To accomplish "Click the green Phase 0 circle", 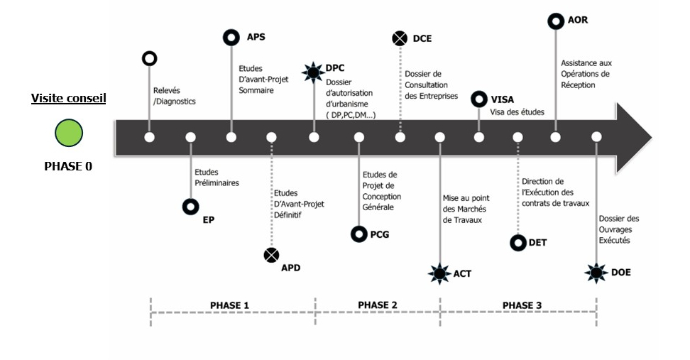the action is point(69,133).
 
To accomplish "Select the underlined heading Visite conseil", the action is point(69,98).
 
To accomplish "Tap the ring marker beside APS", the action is point(231,38).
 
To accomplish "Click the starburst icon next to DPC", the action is point(313,72).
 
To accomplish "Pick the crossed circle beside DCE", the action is point(400,38).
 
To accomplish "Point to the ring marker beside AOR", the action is point(556,21).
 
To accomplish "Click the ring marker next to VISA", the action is point(478,99).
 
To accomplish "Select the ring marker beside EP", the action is point(190,207).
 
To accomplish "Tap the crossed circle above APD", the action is point(271,255).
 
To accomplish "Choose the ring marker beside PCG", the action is point(359,234).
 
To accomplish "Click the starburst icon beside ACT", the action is point(439,274).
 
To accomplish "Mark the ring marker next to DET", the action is point(518,243).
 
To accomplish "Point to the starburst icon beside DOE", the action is point(596,273).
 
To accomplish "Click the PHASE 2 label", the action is point(378,305).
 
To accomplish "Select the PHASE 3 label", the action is point(522,305).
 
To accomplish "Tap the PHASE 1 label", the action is point(229,305).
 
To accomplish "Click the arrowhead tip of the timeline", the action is point(651,137).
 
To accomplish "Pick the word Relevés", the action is point(167,90).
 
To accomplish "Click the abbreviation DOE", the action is point(621,273).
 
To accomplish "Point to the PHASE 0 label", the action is point(68,166).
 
